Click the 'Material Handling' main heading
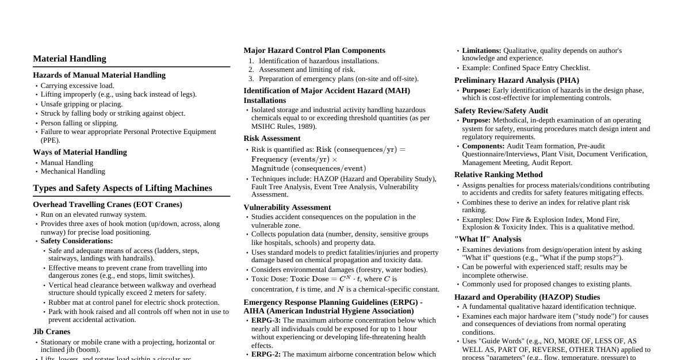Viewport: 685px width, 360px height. tap(70, 59)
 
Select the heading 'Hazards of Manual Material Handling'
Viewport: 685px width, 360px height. tap(99, 75)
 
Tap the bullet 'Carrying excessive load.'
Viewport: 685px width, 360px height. tap(77, 86)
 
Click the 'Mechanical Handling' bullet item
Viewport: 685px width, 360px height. tap(72, 171)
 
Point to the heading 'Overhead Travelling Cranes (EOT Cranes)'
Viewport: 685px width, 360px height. tap(108, 205)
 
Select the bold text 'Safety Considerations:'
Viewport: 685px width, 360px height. tap(76, 241)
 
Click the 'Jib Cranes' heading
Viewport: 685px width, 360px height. tap(52, 332)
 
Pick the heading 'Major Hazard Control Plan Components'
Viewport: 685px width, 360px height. tap(314, 51)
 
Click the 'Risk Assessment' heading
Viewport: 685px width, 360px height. tap(271, 139)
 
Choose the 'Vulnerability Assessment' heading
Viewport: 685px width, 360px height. tap(287, 208)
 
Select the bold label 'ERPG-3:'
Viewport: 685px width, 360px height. tap(266, 320)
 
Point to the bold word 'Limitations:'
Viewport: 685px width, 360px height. tap(481, 51)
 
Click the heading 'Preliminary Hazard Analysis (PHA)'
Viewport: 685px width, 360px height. tap(516, 81)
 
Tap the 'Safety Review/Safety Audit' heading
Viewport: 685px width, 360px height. tap(501, 111)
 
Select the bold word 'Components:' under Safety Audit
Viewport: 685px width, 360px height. tap(483, 146)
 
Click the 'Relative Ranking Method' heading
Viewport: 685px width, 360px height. tap(498, 175)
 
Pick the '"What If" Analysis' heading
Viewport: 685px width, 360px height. tap(488, 239)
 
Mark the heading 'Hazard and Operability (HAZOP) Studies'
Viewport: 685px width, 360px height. tap(527, 297)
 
